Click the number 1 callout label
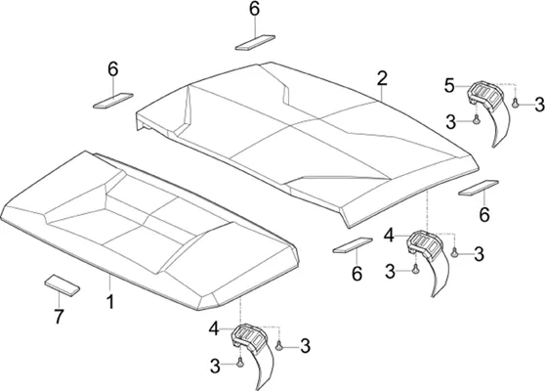[110, 302]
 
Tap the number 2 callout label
[382, 78]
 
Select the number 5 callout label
[449, 86]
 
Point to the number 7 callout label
[59, 316]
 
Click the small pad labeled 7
[63, 284]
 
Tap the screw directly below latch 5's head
[477, 119]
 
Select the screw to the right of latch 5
[515, 103]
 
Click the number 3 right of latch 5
[539, 105]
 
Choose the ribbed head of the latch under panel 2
[425, 242]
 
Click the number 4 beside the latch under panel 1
[214, 328]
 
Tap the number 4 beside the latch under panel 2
[390, 236]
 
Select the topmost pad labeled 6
[255, 42]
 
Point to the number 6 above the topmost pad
[254, 9]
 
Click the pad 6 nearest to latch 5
[479, 188]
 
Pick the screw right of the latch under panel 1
[278, 346]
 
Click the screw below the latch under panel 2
[415, 269]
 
